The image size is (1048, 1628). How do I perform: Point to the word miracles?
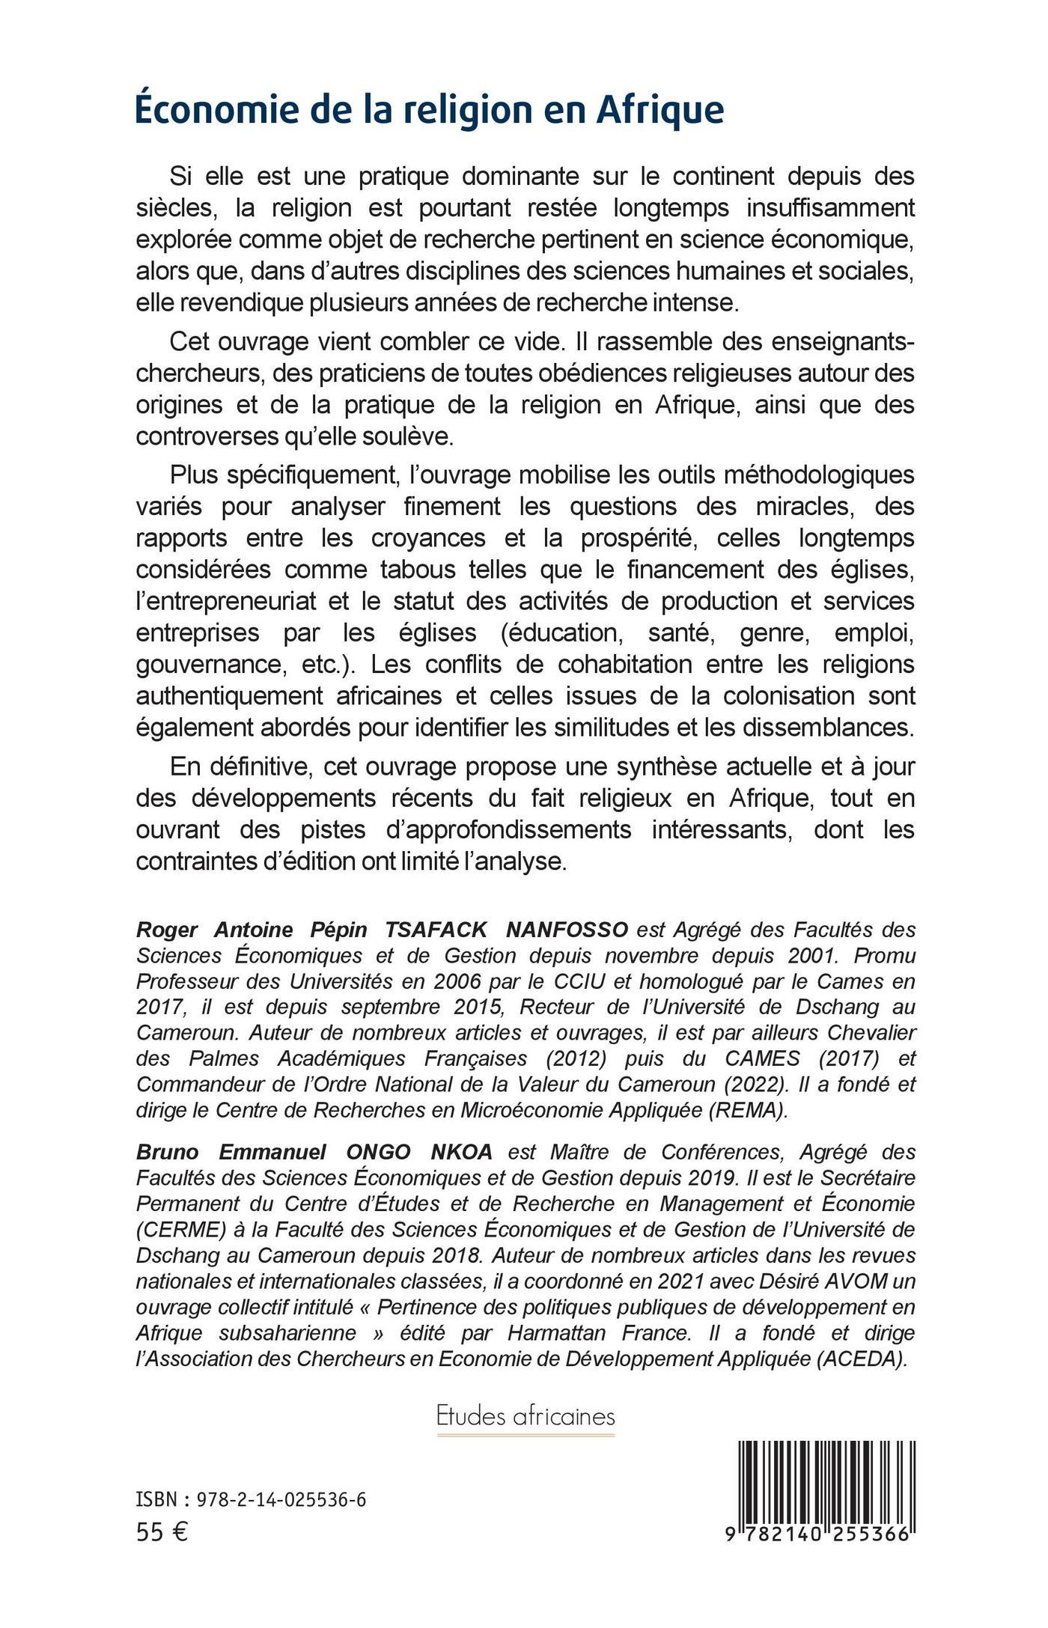point(795,507)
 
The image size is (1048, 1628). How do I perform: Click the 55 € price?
point(162,1532)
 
